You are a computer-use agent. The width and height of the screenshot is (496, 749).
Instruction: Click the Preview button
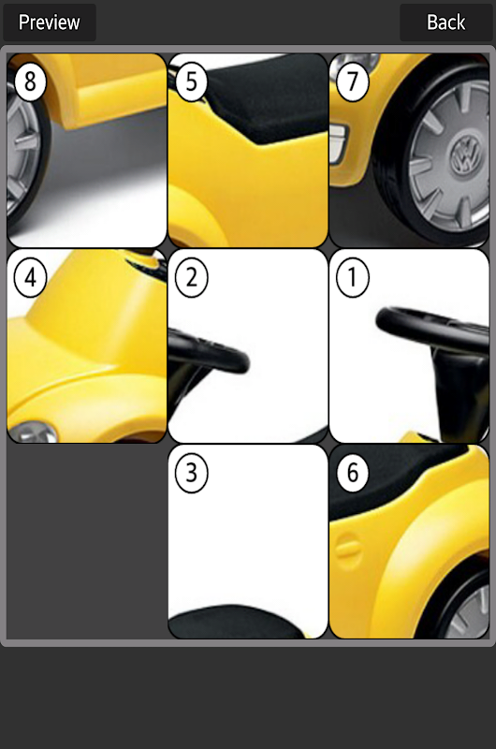pyautogui.click(x=50, y=22)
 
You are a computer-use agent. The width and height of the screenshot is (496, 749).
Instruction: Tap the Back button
pyautogui.click(x=445, y=22)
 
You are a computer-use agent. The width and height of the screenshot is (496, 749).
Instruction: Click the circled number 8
pyautogui.click(x=30, y=81)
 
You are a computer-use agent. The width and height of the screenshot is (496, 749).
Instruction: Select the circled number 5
pyautogui.click(x=192, y=81)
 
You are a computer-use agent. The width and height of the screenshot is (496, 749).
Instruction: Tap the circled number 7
pyautogui.click(x=352, y=81)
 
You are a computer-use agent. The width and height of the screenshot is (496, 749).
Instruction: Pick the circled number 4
pyautogui.click(x=31, y=277)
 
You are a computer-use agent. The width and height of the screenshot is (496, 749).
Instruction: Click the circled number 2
pyautogui.click(x=192, y=277)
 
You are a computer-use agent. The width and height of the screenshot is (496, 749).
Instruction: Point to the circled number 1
pyautogui.click(x=352, y=277)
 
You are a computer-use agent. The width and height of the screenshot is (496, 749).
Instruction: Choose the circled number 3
pyautogui.click(x=192, y=473)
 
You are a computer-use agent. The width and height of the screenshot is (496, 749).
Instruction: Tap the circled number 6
pyautogui.click(x=352, y=473)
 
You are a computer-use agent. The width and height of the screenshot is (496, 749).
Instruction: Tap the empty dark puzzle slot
pyautogui.click(x=86, y=542)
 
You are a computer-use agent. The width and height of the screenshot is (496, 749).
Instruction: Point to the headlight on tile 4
pyautogui.click(x=34, y=432)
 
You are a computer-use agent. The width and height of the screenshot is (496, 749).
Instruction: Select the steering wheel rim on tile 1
pyautogui.click(x=430, y=329)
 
